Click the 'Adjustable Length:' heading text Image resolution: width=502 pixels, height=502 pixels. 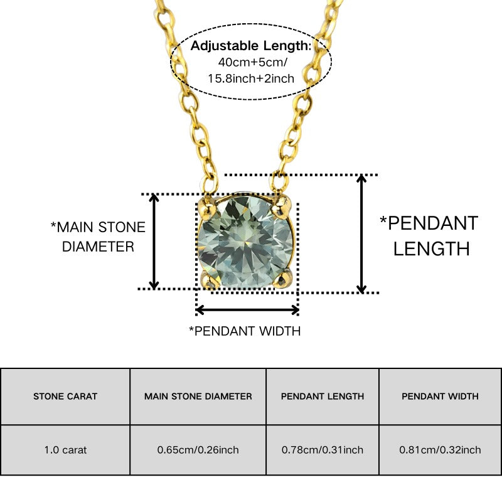coord(250,46)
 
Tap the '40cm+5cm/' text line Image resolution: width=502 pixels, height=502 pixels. coord(253,62)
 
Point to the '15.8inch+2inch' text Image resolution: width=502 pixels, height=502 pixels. coord(251,78)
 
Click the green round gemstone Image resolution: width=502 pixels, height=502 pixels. coord(245,242)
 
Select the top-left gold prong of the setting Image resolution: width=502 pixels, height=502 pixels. coord(206,207)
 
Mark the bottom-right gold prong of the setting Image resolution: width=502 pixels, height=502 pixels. coord(282,277)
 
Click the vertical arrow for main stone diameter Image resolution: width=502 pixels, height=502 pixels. coord(154,242)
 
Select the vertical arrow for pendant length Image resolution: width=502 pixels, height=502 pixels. coord(361,234)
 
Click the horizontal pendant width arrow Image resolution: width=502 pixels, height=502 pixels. coord(247,310)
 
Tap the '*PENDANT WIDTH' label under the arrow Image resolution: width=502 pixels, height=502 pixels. coord(245,331)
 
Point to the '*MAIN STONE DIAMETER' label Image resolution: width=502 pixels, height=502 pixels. coord(98,237)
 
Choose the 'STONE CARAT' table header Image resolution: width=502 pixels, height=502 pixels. coord(65,397)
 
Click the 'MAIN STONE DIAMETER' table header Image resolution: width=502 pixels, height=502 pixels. coord(198,397)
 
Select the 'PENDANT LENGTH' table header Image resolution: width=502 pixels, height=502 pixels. coord(323,397)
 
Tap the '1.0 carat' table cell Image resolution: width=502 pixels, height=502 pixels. coord(65,450)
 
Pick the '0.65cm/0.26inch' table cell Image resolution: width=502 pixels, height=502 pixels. coord(198,450)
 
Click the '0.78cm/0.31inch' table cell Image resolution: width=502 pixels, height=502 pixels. coord(323,450)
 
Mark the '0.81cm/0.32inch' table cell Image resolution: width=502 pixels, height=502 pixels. coord(441,450)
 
